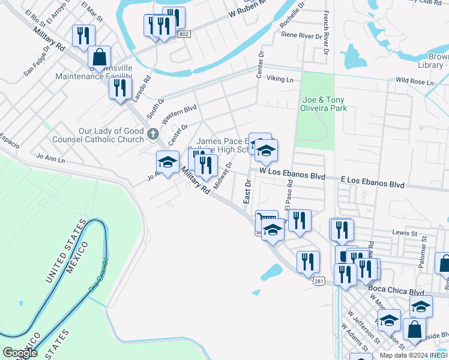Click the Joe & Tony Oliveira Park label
click(x=325, y=104)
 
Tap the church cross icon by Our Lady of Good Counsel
click(x=153, y=133)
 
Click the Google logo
click(x=20, y=353)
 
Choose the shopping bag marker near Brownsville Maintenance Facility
click(x=99, y=58)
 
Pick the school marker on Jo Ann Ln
click(x=167, y=161)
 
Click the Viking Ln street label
click(x=280, y=79)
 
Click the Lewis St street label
click(x=404, y=232)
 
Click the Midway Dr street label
click(x=222, y=175)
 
